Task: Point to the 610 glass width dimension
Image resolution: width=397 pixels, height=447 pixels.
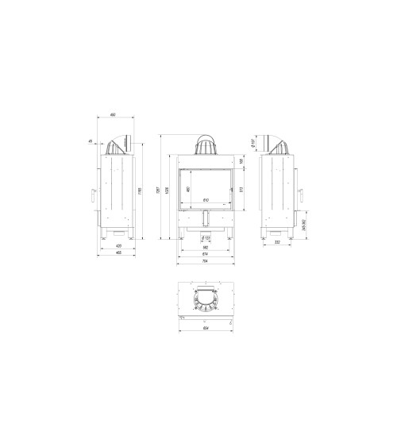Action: click(x=205, y=199)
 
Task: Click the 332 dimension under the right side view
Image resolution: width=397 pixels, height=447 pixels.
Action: click(x=277, y=241)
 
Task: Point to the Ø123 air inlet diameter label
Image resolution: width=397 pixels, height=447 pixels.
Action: click(x=206, y=237)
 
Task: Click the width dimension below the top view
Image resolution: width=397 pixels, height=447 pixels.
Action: click(x=205, y=326)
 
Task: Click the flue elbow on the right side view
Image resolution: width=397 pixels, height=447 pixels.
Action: click(x=278, y=144)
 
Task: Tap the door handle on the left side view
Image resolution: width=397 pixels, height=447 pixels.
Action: click(x=93, y=191)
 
